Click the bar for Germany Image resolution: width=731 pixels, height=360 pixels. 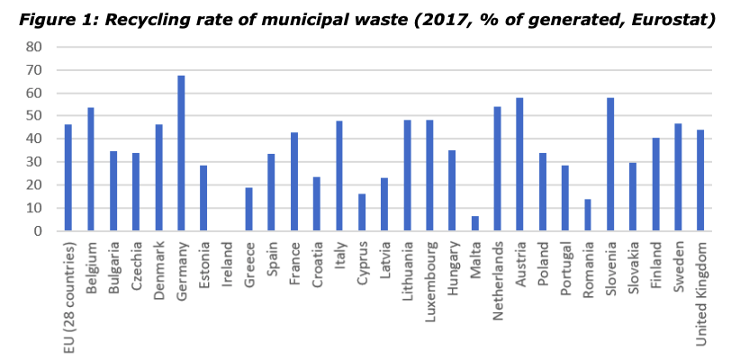click(x=181, y=153)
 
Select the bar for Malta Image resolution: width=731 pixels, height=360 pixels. click(x=475, y=223)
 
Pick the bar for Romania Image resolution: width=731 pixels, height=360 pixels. click(x=589, y=215)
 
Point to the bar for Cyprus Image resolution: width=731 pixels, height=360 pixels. click(x=362, y=212)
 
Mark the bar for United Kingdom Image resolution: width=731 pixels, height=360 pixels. click(x=701, y=180)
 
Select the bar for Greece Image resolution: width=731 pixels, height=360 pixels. click(x=248, y=209)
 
